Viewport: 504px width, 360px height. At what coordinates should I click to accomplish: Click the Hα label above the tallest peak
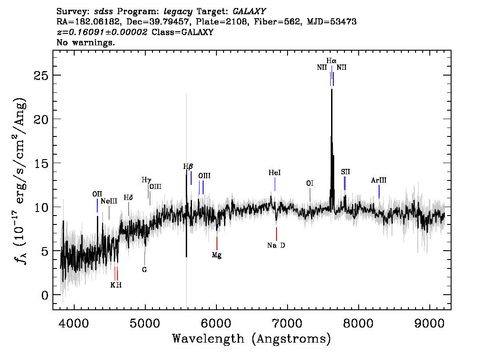(x=332, y=60)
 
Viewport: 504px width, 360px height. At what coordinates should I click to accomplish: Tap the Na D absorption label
(x=276, y=245)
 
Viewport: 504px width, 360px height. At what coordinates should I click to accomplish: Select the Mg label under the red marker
(x=216, y=255)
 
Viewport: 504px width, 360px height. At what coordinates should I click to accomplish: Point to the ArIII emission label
(x=379, y=180)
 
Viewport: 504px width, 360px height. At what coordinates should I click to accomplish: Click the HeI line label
(x=275, y=172)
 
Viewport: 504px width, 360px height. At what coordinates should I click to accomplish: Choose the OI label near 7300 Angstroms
(x=310, y=183)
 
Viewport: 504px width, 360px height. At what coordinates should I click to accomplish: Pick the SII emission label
(x=345, y=172)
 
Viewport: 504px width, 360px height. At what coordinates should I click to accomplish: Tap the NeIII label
(x=109, y=201)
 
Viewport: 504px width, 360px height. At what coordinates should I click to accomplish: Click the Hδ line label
(x=128, y=197)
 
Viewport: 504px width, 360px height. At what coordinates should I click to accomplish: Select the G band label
(x=144, y=270)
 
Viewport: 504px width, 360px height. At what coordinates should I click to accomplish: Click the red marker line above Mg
(x=216, y=243)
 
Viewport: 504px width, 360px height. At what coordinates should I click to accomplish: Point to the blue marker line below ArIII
(x=379, y=192)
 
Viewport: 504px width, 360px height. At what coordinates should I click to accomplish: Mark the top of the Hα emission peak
(x=332, y=89)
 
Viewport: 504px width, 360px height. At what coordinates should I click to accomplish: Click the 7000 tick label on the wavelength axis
(x=286, y=323)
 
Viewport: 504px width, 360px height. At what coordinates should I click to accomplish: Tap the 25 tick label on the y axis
(x=41, y=76)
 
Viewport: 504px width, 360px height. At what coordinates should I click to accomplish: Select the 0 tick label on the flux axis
(x=45, y=295)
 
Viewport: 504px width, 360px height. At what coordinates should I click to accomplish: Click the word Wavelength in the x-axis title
(x=208, y=339)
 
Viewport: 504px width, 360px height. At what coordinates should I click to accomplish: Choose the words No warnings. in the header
(x=85, y=42)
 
